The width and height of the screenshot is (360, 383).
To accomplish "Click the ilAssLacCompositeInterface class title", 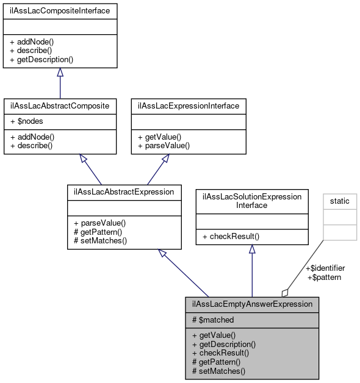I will click(60, 11).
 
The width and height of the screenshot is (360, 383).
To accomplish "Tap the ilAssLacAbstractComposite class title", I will click(60, 106).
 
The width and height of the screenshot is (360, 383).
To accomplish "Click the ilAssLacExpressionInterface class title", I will click(189, 106).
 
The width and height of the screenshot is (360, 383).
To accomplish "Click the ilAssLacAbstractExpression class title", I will click(124, 191).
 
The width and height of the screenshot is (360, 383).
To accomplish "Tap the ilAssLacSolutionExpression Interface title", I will click(252, 201).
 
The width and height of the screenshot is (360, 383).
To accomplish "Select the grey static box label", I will click(340, 201).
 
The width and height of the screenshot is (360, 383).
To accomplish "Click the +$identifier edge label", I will click(325, 268).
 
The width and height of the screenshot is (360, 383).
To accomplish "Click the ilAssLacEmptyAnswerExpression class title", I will click(252, 304).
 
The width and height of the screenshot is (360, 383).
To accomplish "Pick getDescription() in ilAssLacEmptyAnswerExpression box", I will click(224, 344).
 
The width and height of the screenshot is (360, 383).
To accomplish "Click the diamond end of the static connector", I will click(285, 293).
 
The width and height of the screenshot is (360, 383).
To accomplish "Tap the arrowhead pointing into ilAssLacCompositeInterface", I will click(60, 73).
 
